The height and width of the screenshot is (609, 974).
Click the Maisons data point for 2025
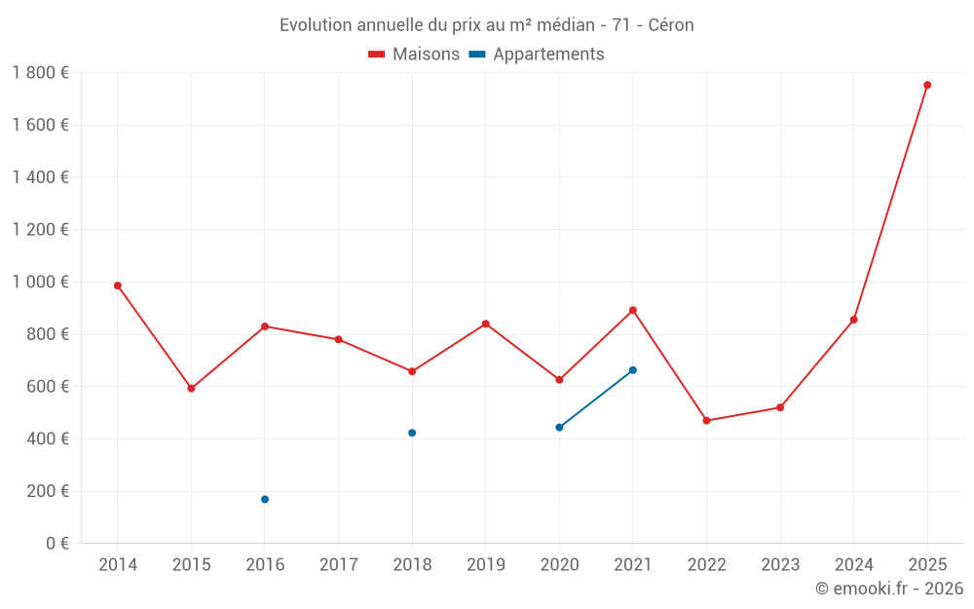(927, 85)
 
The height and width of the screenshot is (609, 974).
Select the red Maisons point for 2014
(118, 285)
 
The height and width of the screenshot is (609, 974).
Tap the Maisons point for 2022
(706, 421)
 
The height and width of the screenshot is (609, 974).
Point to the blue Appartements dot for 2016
(265, 499)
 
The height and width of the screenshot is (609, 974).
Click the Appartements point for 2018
(412, 433)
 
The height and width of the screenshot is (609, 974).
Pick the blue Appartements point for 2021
(633, 370)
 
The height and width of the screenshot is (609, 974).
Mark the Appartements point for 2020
(559, 427)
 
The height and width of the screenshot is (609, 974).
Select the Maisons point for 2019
(486, 324)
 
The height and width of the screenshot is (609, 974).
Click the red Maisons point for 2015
(191, 389)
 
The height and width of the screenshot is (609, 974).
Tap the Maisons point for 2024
(853, 320)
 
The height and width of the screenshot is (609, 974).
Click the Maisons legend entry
(414, 55)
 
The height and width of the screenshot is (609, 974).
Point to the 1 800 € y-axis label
(40, 72)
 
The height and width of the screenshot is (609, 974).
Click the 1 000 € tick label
(40, 282)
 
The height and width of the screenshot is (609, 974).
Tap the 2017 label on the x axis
(338, 565)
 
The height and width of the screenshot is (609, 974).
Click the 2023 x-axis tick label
(780, 565)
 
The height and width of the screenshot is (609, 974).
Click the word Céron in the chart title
(671, 25)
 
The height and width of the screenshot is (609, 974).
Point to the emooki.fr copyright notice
(889, 589)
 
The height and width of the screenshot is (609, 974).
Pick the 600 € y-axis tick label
(45, 386)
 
